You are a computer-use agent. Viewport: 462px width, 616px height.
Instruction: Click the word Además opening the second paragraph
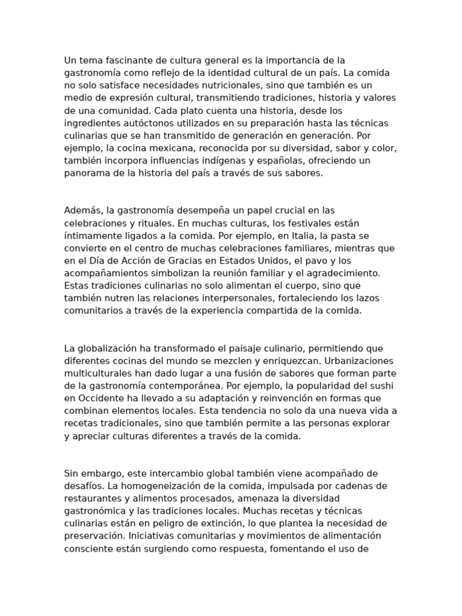coord(83,211)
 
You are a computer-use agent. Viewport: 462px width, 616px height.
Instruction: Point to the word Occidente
coord(100,399)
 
